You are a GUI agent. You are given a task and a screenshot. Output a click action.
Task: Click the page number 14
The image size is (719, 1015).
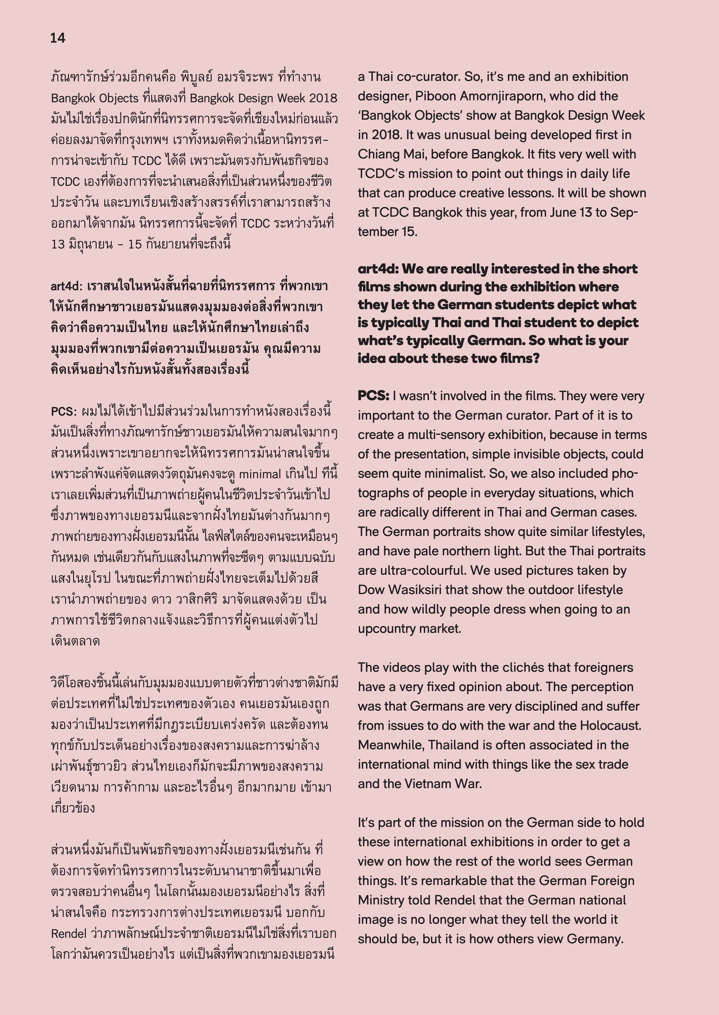58,38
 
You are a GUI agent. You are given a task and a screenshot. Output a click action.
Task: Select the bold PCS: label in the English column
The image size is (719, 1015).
373,396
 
